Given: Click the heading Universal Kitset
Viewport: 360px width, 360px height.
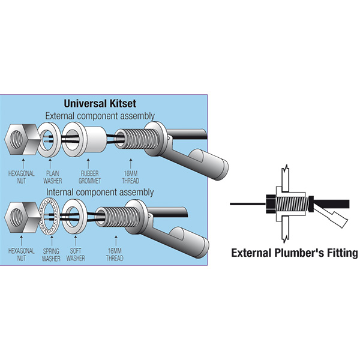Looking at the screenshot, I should (x=110, y=103).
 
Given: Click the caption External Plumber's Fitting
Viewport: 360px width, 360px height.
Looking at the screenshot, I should (x=294, y=253).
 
